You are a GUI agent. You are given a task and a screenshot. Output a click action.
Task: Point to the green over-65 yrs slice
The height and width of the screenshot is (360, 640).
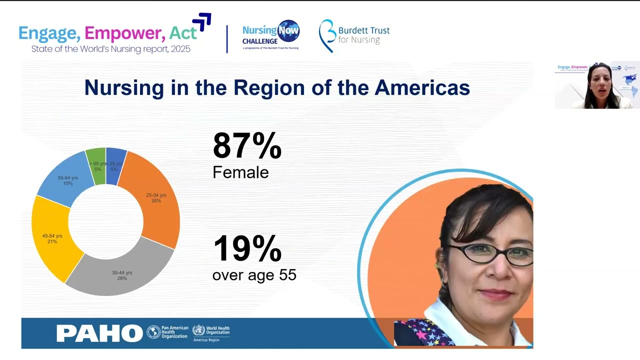(96, 165)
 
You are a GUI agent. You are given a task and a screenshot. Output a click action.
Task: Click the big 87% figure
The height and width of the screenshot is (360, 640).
(247, 145)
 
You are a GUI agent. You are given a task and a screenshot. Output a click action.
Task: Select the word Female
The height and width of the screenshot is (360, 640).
(240, 172)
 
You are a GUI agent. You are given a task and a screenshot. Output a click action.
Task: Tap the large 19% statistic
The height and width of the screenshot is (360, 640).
(247, 248)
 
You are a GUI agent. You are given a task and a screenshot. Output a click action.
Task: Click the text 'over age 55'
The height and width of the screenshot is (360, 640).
(254, 275)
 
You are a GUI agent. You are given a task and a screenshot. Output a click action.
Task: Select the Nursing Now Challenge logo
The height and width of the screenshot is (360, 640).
(270, 35)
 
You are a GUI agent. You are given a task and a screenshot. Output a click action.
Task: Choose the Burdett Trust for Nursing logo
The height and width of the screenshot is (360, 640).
(354, 35)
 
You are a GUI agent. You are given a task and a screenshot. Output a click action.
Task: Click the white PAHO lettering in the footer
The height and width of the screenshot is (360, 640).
(99, 333)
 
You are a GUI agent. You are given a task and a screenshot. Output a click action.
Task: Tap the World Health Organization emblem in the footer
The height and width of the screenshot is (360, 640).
(198, 330)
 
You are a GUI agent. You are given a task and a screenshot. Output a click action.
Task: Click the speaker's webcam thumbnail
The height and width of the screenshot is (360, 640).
(597, 85)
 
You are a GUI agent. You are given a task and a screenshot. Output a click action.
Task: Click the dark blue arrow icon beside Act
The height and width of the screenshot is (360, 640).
(202, 21)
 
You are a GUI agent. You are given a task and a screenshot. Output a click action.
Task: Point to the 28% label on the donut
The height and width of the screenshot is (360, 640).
(122, 278)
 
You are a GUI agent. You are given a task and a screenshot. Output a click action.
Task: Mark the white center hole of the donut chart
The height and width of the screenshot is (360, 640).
(105, 221)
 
